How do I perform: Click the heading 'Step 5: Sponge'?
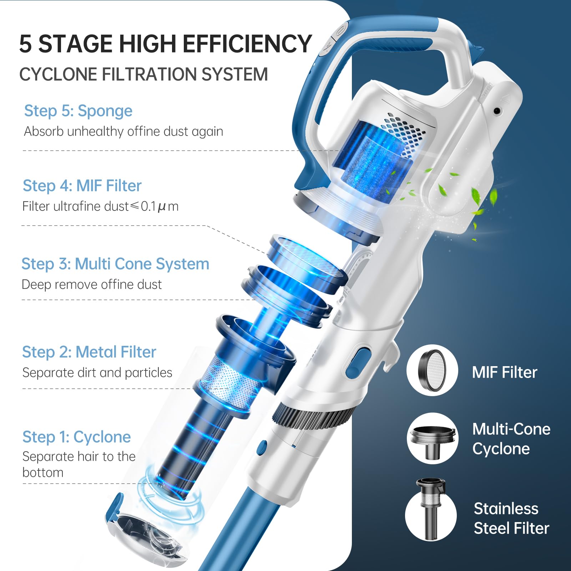tap(78, 111)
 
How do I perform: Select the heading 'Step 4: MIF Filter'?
tap(82, 186)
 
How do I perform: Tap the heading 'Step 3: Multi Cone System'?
tap(115, 264)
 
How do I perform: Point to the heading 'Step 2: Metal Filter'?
tap(89, 352)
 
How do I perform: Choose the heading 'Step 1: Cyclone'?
tap(77, 437)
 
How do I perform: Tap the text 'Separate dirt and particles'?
tap(97, 373)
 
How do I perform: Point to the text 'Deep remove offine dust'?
tap(92, 285)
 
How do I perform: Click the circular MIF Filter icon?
tap(432, 370)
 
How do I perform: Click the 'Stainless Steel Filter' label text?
tap(511, 519)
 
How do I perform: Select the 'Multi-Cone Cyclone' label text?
tap(511, 439)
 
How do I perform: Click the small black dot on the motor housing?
tap(496, 111)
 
